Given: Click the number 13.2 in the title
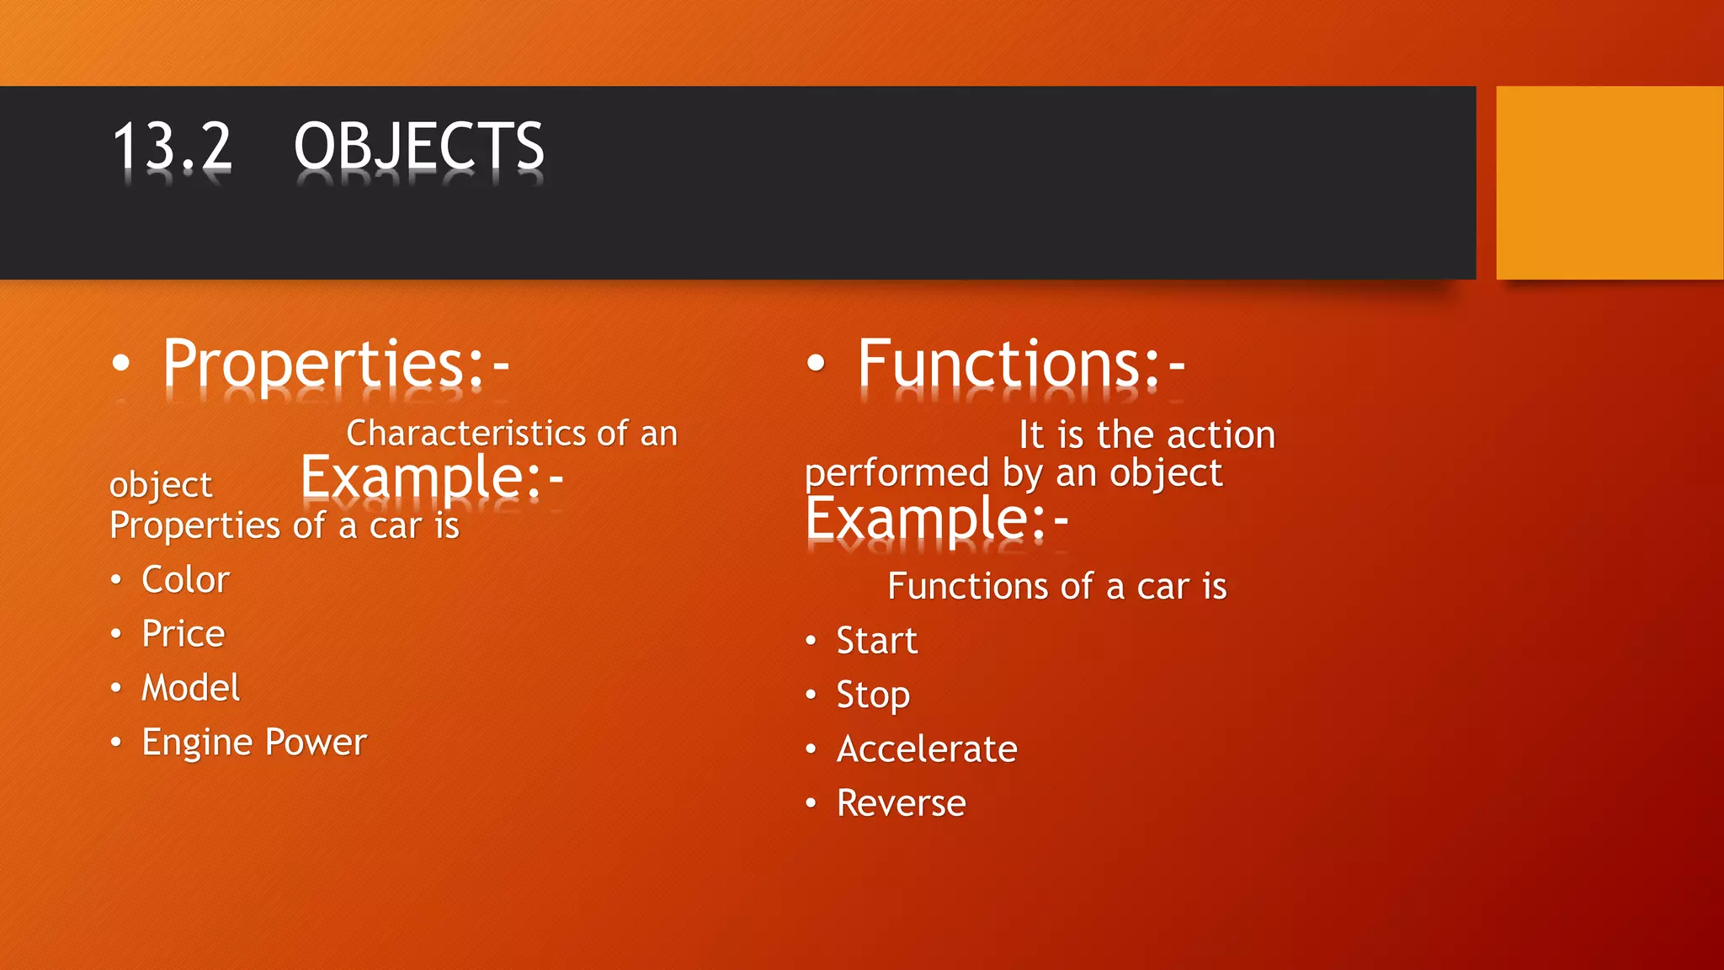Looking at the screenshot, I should click(x=172, y=146).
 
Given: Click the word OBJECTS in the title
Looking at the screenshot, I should click(x=418, y=146).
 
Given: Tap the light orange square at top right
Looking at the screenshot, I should click(x=1609, y=182).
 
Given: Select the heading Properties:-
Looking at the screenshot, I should click(x=336, y=364).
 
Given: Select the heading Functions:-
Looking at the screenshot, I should click(x=1021, y=364).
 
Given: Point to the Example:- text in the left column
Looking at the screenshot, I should click(x=431, y=477).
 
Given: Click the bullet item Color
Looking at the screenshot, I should click(x=185, y=580).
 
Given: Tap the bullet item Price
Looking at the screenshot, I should click(x=183, y=634).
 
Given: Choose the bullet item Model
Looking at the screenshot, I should click(x=190, y=688).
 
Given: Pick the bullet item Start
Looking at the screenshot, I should click(x=876, y=641).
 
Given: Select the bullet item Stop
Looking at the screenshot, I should click(x=873, y=696).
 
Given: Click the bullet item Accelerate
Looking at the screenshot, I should click(x=927, y=749).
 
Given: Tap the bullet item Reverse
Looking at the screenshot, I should click(x=901, y=803).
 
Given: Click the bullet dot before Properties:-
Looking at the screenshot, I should click(x=121, y=364).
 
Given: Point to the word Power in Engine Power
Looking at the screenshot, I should click(x=316, y=743).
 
